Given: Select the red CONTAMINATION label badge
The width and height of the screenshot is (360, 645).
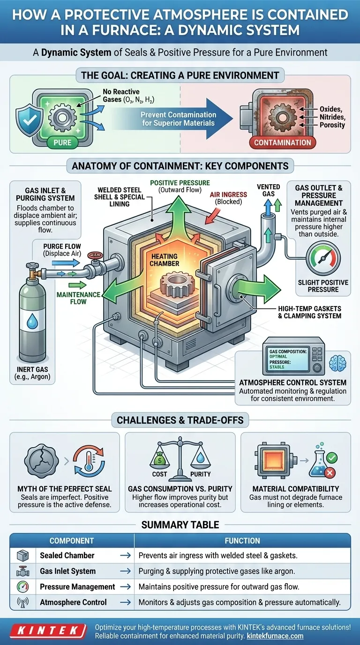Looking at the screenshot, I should pos(282,142).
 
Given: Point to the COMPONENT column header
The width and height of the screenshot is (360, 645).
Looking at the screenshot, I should pos(72,540).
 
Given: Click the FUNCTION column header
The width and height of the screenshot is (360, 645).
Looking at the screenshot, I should pos(242,540).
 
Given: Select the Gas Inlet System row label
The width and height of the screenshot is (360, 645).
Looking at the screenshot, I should pos(67,571).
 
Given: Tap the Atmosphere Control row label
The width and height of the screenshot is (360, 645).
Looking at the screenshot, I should pos(73,602).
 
